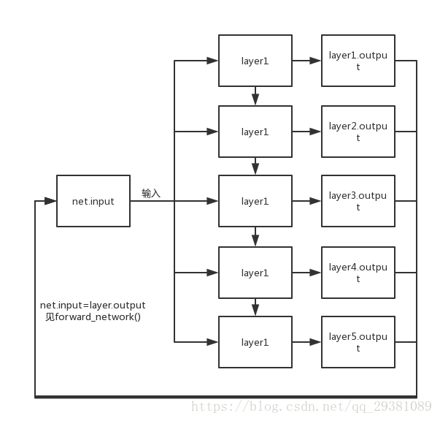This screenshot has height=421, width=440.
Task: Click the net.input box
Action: click(x=93, y=201)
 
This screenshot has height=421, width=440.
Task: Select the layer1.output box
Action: click(x=358, y=61)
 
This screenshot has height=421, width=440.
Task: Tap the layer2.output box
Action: click(x=358, y=132)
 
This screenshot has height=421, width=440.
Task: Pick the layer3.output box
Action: click(x=358, y=201)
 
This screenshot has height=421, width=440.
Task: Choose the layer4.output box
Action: click(x=358, y=273)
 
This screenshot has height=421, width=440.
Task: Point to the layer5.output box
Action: click(x=358, y=342)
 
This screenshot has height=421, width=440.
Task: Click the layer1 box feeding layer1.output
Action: click(x=255, y=61)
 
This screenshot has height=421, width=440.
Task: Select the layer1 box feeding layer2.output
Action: click(x=255, y=132)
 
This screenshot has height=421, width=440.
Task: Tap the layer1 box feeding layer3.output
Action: click(x=255, y=201)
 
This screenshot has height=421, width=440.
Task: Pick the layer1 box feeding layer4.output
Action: click(x=255, y=273)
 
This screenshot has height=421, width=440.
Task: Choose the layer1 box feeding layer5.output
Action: click(x=255, y=342)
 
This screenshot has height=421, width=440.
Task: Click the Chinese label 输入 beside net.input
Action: click(x=151, y=194)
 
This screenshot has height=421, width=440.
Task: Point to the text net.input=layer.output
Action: click(x=93, y=305)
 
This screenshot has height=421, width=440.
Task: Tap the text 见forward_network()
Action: click(x=93, y=316)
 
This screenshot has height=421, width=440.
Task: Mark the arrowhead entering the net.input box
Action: click(x=52, y=201)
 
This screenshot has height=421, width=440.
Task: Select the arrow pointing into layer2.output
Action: click(x=315, y=132)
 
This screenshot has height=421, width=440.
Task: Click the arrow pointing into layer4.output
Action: click(x=315, y=273)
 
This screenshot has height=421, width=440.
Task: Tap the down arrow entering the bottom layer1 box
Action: click(x=255, y=310)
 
